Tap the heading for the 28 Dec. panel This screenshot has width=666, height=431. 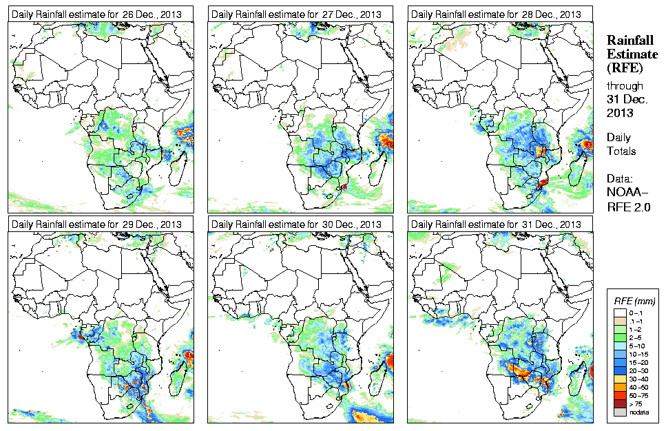[496, 14]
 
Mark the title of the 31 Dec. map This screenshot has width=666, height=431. [496, 224]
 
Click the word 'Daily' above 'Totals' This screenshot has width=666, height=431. [618, 138]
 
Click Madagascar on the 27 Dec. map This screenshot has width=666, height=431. [377, 166]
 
